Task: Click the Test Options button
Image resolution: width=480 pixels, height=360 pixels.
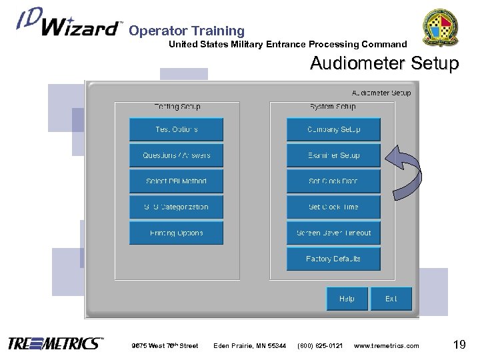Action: pyautogui.click(x=176, y=129)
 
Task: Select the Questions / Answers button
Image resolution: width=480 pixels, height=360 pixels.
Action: pyautogui.click(x=176, y=155)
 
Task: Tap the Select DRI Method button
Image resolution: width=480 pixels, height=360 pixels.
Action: pyautogui.click(x=176, y=181)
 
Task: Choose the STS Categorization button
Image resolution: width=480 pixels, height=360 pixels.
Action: pyautogui.click(x=176, y=207)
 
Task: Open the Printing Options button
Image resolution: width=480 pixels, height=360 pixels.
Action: pyautogui.click(x=176, y=233)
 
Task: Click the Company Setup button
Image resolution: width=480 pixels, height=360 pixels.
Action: pyautogui.click(x=333, y=129)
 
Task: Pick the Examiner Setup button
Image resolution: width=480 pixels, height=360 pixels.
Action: pyautogui.click(x=333, y=155)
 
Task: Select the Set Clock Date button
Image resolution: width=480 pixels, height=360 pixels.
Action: pyautogui.click(x=333, y=181)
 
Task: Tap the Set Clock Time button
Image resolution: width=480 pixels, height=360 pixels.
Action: pyautogui.click(x=333, y=207)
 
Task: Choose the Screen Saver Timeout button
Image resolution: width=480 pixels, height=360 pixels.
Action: pyautogui.click(x=333, y=233)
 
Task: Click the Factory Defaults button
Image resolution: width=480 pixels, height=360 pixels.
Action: pyautogui.click(x=333, y=259)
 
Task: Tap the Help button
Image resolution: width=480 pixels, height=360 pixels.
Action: pyautogui.click(x=347, y=299)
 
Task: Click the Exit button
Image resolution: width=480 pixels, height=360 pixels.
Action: pyautogui.click(x=391, y=299)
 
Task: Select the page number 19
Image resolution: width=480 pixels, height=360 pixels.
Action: pyautogui.click(x=459, y=344)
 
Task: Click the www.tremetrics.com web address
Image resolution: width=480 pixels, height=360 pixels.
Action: pyautogui.click(x=387, y=345)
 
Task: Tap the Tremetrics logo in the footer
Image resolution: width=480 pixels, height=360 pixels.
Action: pyautogui.click(x=55, y=344)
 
